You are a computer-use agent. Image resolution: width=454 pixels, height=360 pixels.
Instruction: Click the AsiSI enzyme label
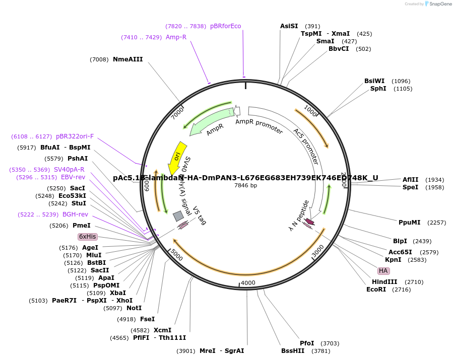(x=289, y=26)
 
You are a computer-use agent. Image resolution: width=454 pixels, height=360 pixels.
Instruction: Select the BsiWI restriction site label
(x=374, y=81)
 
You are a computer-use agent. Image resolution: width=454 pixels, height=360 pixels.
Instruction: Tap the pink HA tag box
(x=383, y=270)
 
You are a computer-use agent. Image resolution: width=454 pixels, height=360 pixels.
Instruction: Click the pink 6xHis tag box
(x=87, y=237)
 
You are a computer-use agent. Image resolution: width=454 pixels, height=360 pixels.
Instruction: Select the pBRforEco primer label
(x=226, y=26)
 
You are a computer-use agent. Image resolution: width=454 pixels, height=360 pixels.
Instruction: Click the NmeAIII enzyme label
(x=127, y=59)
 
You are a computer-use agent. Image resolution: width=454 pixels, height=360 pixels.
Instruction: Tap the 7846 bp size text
(x=245, y=185)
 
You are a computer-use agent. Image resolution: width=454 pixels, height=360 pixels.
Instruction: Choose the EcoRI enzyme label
(x=376, y=290)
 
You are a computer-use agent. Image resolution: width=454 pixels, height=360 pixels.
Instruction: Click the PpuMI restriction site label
(x=410, y=223)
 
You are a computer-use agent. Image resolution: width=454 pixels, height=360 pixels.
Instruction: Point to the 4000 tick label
(x=248, y=283)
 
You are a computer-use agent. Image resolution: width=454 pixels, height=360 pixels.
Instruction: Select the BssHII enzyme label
(x=293, y=351)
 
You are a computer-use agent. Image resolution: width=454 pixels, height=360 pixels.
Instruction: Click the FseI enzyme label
(x=147, y=319)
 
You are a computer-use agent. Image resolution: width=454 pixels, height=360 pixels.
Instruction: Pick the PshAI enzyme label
(x=78, y=159)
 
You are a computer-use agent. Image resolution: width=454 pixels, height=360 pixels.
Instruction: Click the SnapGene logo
(x=437, y=4)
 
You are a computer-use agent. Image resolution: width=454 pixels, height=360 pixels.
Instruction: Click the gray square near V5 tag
(x=178, y=216)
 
